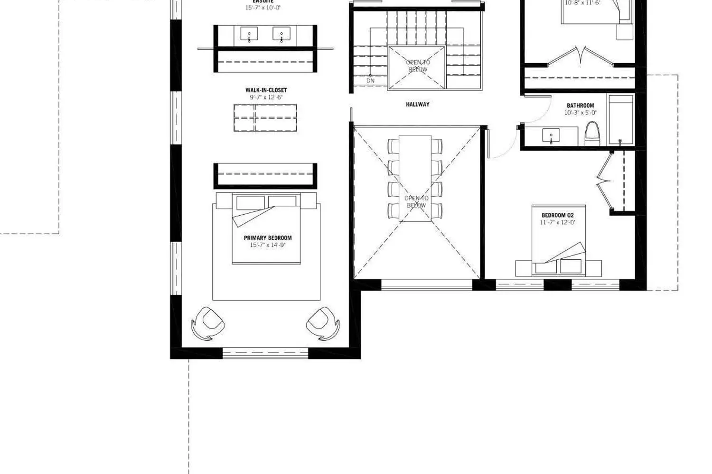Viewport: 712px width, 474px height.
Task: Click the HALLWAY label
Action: (417, 104)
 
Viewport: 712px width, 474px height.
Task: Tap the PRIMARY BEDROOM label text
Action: (268, 238)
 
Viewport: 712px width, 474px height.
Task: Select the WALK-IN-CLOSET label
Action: (266, 90)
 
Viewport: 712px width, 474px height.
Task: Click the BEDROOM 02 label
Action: (557, 215)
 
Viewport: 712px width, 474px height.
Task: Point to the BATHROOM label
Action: (580, 106)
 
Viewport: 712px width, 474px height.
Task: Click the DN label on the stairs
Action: (370, 81)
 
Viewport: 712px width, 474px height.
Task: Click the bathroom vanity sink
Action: (551, 136)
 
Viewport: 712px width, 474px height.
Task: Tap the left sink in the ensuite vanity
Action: (249, 35)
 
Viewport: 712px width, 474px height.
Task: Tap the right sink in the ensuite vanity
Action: (281, 35)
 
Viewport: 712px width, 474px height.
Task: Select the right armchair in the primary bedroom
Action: (323, 323)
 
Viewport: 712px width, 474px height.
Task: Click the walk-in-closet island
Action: (265, 118)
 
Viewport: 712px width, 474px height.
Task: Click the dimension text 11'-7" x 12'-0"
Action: (557, 222)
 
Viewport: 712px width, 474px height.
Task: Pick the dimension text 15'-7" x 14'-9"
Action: (268, 245)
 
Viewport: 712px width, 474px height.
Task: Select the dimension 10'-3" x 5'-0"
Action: (580, 113)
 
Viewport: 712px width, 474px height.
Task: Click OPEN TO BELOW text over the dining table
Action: (416, 201)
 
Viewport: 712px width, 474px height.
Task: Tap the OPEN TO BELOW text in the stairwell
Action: (418, 66)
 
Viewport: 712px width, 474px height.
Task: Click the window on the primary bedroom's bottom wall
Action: (265, 353)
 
